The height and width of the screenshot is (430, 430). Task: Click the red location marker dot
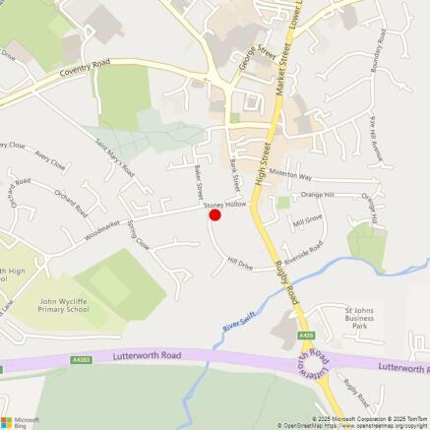(215, 215)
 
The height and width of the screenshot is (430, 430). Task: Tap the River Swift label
(232, 321)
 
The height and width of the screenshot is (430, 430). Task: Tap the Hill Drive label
(240, 265)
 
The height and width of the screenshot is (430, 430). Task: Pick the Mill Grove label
(308, 220)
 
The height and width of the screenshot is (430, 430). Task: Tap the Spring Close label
(139, 235)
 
